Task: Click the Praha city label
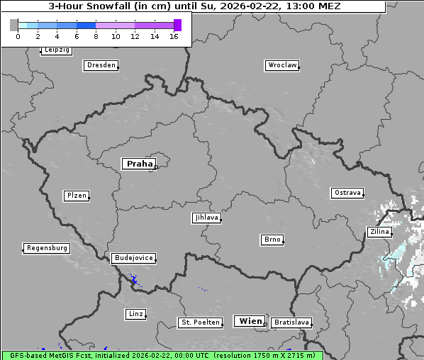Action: (139, 164)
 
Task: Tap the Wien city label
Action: (250, 321)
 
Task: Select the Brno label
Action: (272, 240)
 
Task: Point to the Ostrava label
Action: (347, 193)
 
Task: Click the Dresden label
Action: (101, 65)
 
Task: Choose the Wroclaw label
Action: (281, 65)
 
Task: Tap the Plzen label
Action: (76, 196)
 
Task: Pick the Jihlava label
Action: (206, 218)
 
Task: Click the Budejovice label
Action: (133, 258)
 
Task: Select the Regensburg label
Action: (47, 248)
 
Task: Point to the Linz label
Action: (135, 314)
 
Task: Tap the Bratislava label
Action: (291, 322)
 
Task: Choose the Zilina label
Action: (379, 232)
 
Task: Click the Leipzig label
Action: (56, 50)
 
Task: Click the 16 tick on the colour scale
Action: (174, 36)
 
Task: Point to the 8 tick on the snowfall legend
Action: (96, 36)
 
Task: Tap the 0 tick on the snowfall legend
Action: (18, 36)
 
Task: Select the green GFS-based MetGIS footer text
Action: (162, 355)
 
